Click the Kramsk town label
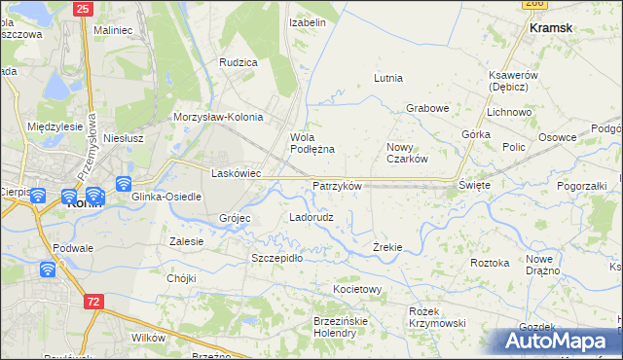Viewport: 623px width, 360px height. pyautogui.click(x=550, y=29)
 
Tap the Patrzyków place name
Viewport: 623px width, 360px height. pyautogui.click(x=338, y=185)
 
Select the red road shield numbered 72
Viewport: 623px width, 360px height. pyautogui.click(x=92, y=303)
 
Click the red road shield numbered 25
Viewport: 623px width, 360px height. pyautogui.click(x=83, y=9)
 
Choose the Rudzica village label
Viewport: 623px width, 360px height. pyautogui.click(x=238, y=62)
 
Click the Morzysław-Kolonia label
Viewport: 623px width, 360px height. pyautogui.click(x=218, y=117)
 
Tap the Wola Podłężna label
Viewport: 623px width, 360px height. pyautogui.click(x=312, y=143)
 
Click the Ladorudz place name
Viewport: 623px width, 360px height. pyautogui.click(x=311, y=217)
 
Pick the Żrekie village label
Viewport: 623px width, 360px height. pyautogui.click(x=387, y=247)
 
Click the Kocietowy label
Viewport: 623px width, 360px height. pyautogui.click(x=357, y=290)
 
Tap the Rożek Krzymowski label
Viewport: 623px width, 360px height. pyautogui.click(x=437, y=316)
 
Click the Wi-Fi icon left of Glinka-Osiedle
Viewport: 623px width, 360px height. pyautogui.click(x=124, y=184)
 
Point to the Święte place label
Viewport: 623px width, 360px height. pyautogui.click(x=474, y=184)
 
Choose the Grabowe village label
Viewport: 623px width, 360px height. pyautogui.click(x=426, y=108)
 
